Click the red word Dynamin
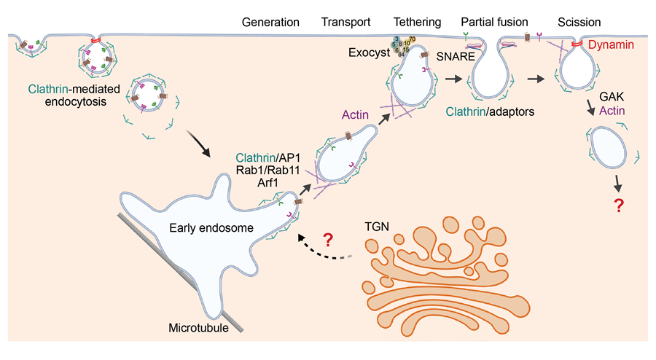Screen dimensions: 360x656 [x=609, y=45]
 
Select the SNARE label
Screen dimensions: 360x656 [x=456, y=55]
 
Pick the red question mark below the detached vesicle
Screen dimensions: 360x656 [x=620, y=206]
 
